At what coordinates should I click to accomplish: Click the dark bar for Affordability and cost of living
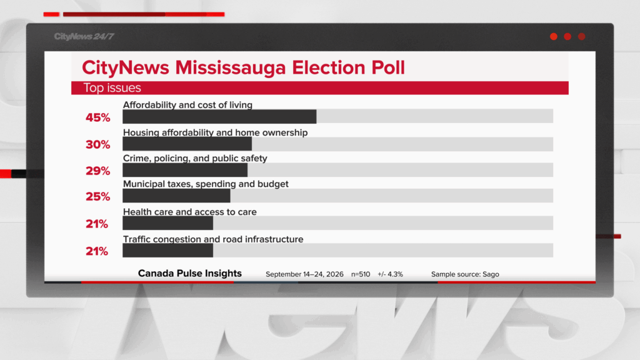[x=219, y=116]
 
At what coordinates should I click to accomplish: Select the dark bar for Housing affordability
[x=187, y=144]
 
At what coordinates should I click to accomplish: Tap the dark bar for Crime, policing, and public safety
[x=185, y=170]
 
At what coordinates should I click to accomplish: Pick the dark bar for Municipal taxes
[x=176, y=196]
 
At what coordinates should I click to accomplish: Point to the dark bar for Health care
[x=167, y=223]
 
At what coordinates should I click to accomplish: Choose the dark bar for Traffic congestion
[x=167, y=251]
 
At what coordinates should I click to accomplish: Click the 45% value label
[x=98, y=117]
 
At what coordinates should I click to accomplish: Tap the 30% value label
[x=98, y=144]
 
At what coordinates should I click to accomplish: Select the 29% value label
[x=98, y=171]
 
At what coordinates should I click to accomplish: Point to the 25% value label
[x=98, y=197]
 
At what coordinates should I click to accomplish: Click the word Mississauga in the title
[x=230, y=67]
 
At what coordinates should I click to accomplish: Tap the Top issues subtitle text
[x=112, y=87]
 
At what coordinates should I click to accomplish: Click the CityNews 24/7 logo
[x=84, y=36]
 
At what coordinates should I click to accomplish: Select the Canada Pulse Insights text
[x=190, y=273]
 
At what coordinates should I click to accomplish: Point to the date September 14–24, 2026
[x=304, y=274]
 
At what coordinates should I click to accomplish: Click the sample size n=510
[x=361, y=274]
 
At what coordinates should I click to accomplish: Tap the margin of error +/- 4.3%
[x=390, y=274]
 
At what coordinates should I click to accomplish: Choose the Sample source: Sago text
[x=465, y=274]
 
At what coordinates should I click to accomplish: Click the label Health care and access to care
[x=190, y=212]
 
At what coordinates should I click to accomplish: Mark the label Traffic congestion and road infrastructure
[x=213, y=239]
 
